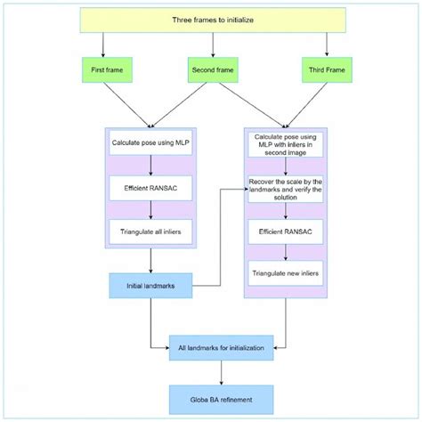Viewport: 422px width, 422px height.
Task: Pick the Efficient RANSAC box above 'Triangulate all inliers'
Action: click(150, 189)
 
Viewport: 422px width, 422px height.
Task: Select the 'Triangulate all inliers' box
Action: click(150, 234)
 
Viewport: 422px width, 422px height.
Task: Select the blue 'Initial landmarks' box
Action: click(150, 286)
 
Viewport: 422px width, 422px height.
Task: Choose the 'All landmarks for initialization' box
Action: click(221, 347)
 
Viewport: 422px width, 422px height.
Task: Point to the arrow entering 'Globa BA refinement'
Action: click(221, 374)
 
